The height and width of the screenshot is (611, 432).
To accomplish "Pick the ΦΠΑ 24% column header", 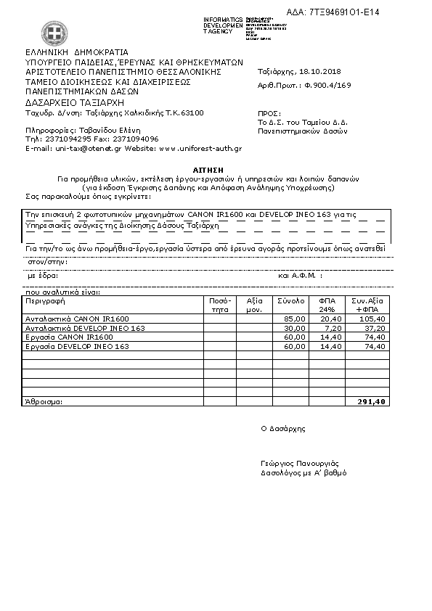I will click(322, 304).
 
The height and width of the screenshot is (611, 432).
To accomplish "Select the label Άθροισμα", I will click(44, 401).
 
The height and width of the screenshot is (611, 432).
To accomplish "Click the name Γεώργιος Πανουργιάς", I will click(299, 463).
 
